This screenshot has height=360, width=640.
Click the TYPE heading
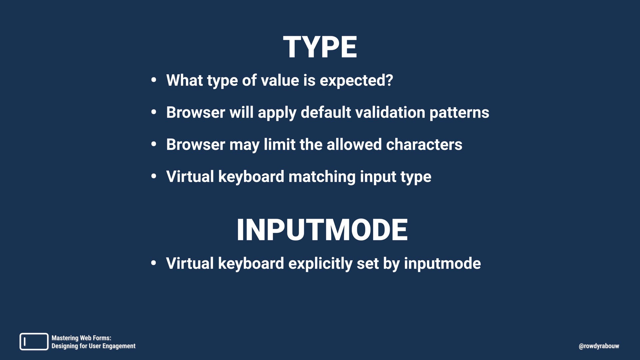(320, 47)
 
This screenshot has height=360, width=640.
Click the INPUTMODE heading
(322, 230)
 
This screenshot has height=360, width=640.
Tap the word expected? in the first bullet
(356, 81)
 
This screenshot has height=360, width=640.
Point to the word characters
(424, 145)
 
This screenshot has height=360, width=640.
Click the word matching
(322, 177)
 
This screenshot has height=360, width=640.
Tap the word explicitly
(320, 264)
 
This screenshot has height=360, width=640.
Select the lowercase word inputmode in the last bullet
(442, 264)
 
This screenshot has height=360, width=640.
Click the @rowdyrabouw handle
(599, 346)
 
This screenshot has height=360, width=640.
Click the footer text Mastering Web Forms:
(81, 338)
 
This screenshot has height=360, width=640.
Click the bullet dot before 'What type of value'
(154, 80)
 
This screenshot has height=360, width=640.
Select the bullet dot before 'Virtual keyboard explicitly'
(154, 263)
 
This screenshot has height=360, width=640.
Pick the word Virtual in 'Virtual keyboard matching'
(190, 177)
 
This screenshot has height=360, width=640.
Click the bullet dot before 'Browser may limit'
(154, 144)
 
